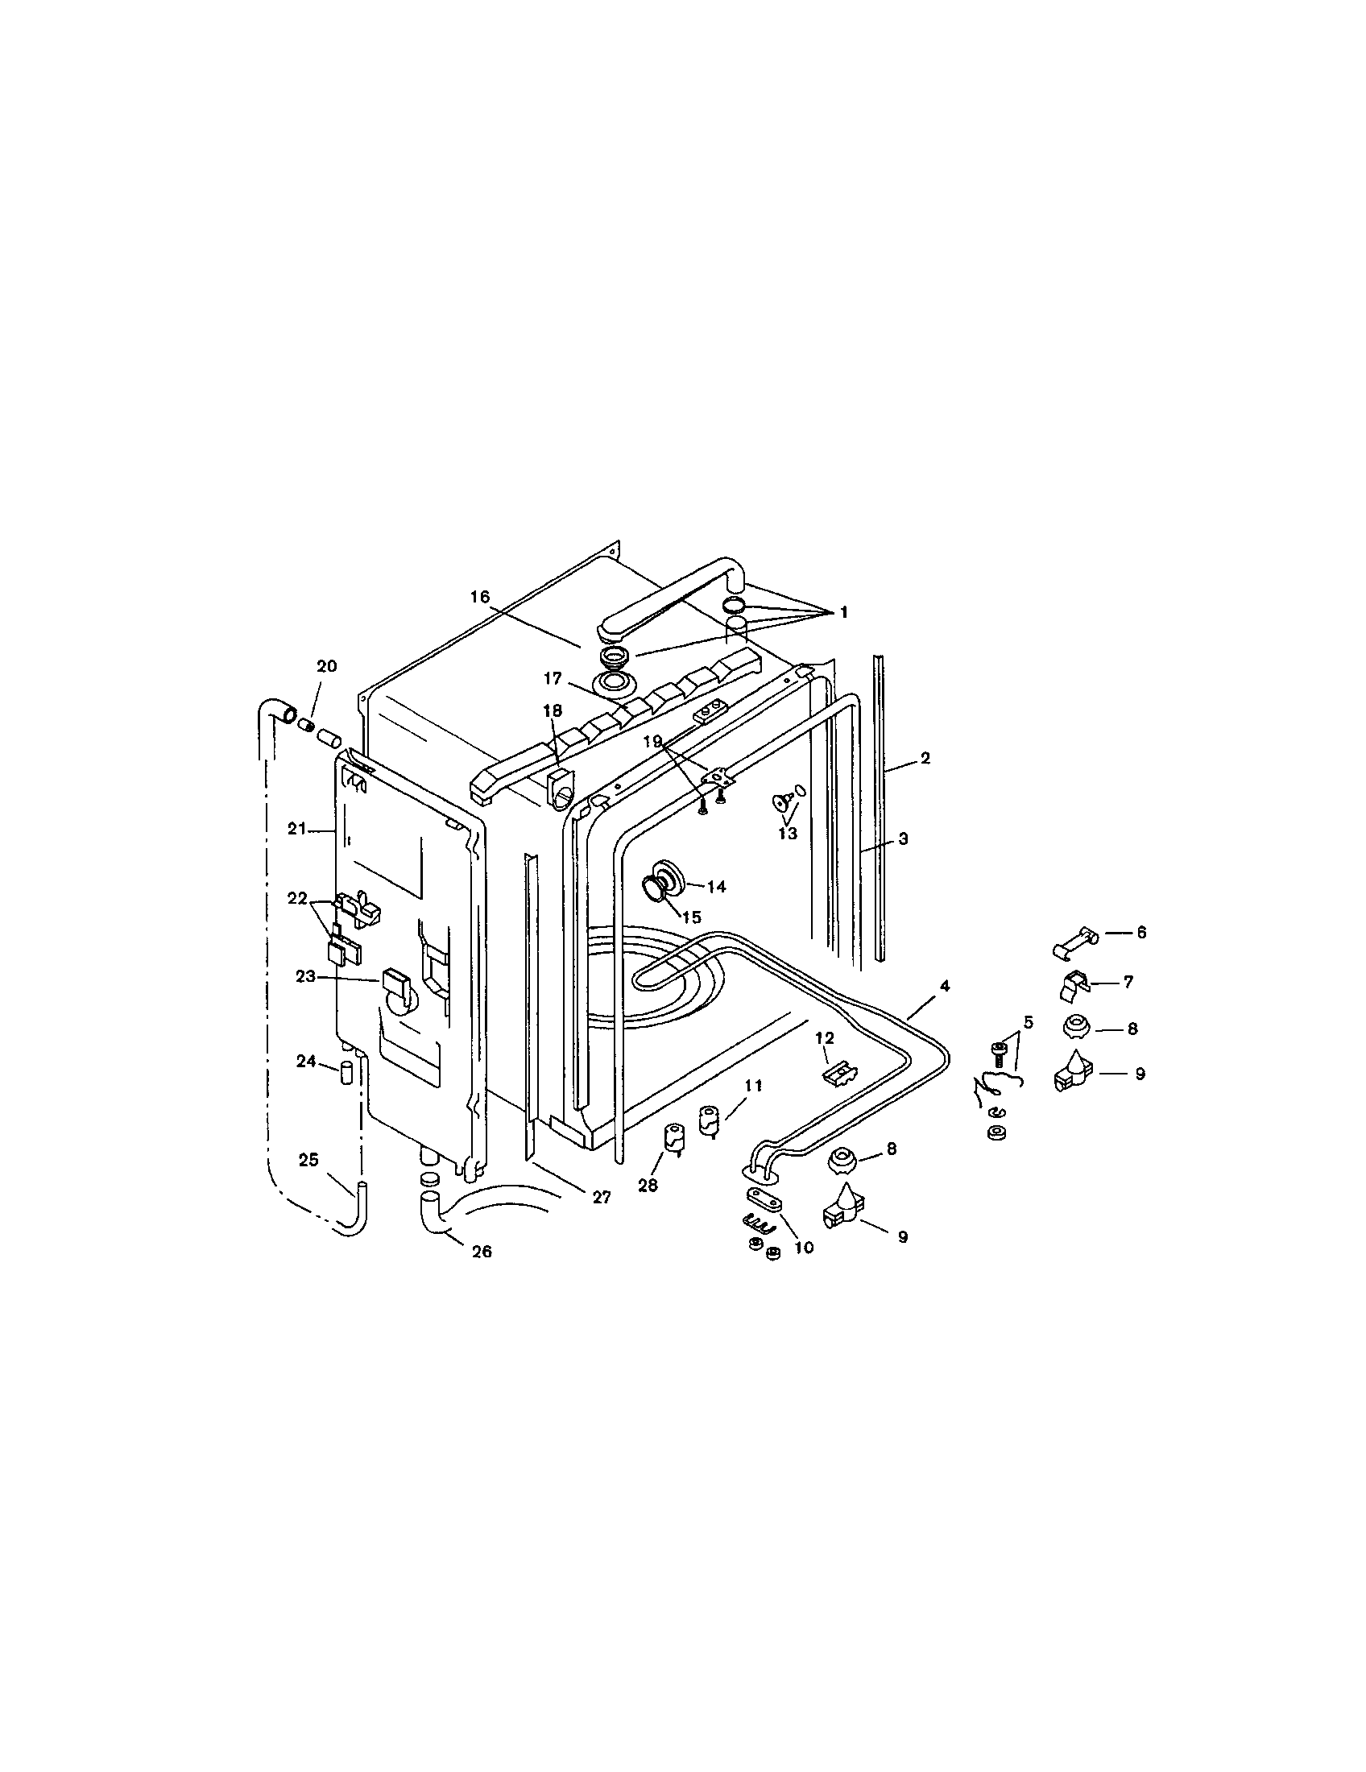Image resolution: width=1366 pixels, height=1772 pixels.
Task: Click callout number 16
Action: pos(479,596)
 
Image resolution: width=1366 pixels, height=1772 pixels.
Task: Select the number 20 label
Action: pos(326,666)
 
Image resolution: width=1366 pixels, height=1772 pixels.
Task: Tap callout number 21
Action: pos(296,828)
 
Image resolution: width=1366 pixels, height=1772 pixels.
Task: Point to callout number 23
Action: pos(305,977)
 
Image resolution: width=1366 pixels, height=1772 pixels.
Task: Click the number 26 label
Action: pos(482,1252)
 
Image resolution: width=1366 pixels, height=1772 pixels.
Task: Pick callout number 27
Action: pos(601,1197)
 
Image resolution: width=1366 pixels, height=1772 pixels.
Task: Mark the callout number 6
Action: pos(1141,933)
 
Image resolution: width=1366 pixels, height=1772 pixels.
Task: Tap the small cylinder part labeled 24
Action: pos(345,1075)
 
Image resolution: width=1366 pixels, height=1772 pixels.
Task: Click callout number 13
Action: pos(788,834)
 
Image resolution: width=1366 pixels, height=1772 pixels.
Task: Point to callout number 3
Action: pos(903,839)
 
